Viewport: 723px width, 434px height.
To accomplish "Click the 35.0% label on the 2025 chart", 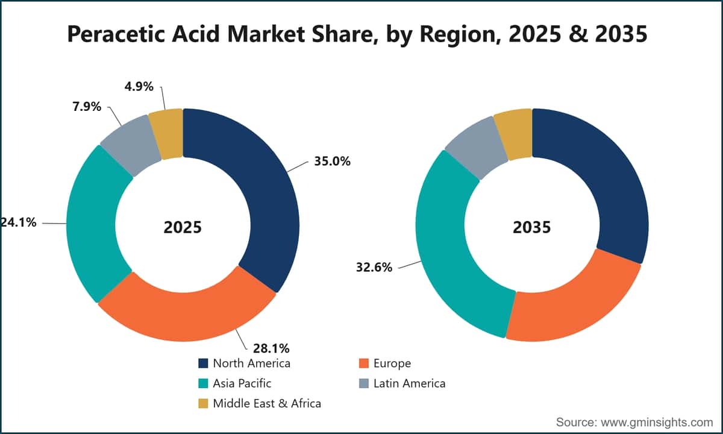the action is click(x=332, y=161).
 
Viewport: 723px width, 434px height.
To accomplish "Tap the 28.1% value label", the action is click(x=271, y=348).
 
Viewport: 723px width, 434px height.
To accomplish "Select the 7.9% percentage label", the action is click(x=87, y=107).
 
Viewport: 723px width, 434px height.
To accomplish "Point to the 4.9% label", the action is click(x=139, y=87).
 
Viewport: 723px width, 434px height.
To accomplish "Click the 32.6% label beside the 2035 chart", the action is click(x=374, y=268).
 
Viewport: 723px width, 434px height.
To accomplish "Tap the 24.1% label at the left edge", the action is click(x=18, y=222).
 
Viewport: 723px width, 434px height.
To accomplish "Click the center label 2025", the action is click(x=183, y=227).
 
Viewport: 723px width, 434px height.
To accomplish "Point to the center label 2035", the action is click(x=532, y=227).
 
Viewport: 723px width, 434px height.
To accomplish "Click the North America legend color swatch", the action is click(x=204, y=363).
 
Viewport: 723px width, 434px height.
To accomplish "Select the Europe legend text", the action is click(x=392, y=363).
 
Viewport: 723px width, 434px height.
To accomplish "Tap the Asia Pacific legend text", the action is click(x=242, y=383).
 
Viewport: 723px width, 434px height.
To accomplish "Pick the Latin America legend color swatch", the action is click(x=364, y=383).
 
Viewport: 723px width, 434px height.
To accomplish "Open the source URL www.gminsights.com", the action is click(x=657, y=422).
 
